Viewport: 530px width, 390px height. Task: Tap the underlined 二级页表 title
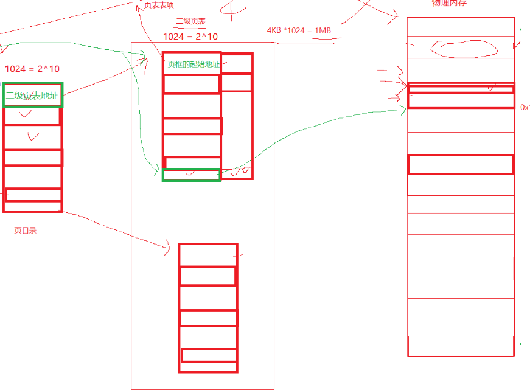(190, 21)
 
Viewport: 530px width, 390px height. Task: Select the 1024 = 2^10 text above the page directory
(32, 69)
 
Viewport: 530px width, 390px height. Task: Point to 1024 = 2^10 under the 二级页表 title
(190, 37)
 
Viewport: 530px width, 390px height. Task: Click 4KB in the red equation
(276, 30)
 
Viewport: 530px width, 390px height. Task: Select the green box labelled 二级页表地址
(33, 95)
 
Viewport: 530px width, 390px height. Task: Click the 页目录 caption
(26, 231)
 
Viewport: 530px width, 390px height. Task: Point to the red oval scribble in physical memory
(459, 47)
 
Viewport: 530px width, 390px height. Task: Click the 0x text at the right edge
(525, 107)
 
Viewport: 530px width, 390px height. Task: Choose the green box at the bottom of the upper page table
(191, 175)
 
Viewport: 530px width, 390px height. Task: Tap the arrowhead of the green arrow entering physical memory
(404, 109)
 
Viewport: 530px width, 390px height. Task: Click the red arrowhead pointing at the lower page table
(168, 247)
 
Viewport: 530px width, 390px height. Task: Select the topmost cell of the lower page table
(207, 254)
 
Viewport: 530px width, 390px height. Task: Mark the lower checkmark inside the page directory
(32, 137)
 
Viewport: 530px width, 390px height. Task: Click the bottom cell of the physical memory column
(460, 346)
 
